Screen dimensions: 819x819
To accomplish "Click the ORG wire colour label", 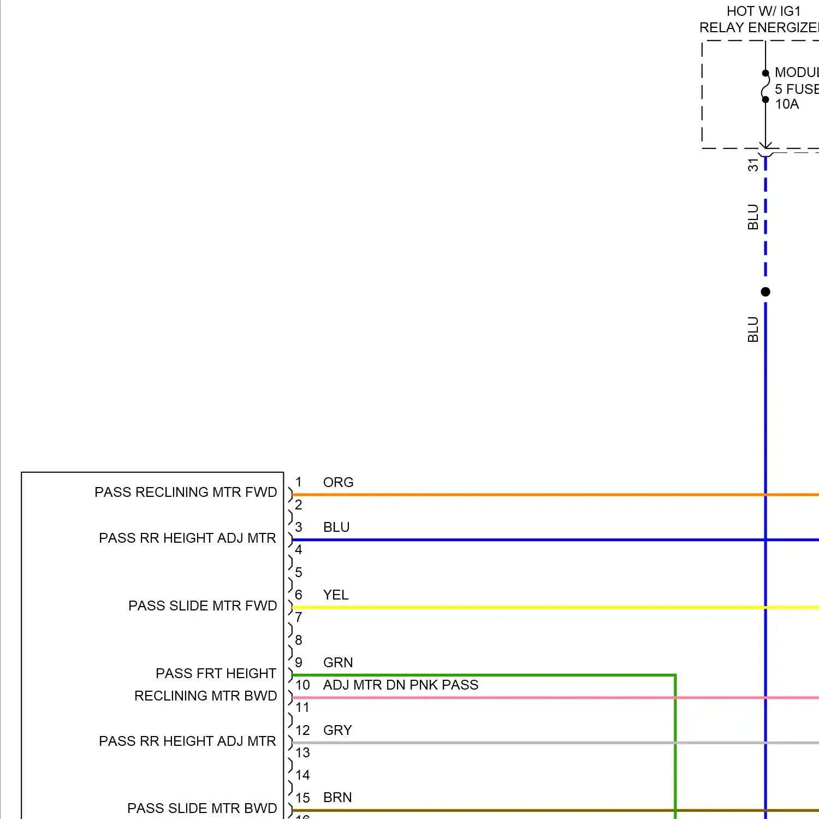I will [338, 482].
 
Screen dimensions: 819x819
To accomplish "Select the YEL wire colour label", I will [335, 595].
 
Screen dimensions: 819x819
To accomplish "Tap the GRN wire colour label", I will [338, 662].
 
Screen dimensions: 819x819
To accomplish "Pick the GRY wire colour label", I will [337, 730].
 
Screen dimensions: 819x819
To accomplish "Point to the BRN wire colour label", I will [337, 797].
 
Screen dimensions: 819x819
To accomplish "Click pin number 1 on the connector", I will [299, 482].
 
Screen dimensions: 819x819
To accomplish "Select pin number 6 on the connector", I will [299, 595].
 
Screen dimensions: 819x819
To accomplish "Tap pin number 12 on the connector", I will [302, 730].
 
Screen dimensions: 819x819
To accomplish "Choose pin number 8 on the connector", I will [299, 640].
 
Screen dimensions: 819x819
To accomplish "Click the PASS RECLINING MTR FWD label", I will [186, 492].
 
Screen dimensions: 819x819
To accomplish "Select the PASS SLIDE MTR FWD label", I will [203, 606].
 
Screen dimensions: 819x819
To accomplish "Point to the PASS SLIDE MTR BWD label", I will [202, 808].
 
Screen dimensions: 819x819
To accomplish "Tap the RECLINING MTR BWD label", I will [205, 696].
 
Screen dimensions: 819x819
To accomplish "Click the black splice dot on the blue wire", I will [765, 292].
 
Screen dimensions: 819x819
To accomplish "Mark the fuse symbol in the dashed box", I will [765, 87].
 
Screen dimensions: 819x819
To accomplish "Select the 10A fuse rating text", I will [787, 104].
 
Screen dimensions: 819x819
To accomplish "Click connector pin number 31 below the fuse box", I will [753, 165].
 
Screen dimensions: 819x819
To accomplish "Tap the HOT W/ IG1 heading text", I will [763, 11].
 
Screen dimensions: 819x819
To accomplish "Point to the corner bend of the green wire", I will [675, 676].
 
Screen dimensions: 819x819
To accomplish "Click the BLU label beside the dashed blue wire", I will [753, 217].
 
